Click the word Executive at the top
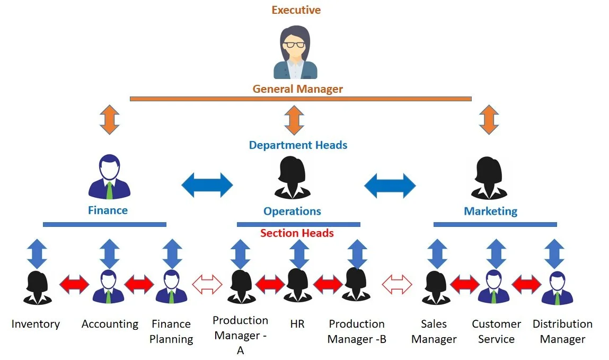(x=296, y=10)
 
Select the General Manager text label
(x=297, y=89)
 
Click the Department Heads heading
(x=298, y=145)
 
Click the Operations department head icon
(x=292, y=178)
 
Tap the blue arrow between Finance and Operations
(x=207, y=185)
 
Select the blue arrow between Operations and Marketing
(x=390, y=186)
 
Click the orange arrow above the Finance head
(x=110, y=120)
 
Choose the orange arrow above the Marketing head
(x=489, y=120)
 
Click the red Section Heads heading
(x=297, y=233)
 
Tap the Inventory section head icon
(x=37, y=287)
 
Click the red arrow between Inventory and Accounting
(x=74, y=284)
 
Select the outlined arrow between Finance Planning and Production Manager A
(x=207, y=284)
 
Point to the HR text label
(x=297, y=324)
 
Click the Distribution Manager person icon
(x=558, y=288)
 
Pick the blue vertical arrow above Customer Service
(x=496, y=254)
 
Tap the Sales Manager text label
(x=434, y=331)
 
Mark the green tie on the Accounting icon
(x=108, y=296)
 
